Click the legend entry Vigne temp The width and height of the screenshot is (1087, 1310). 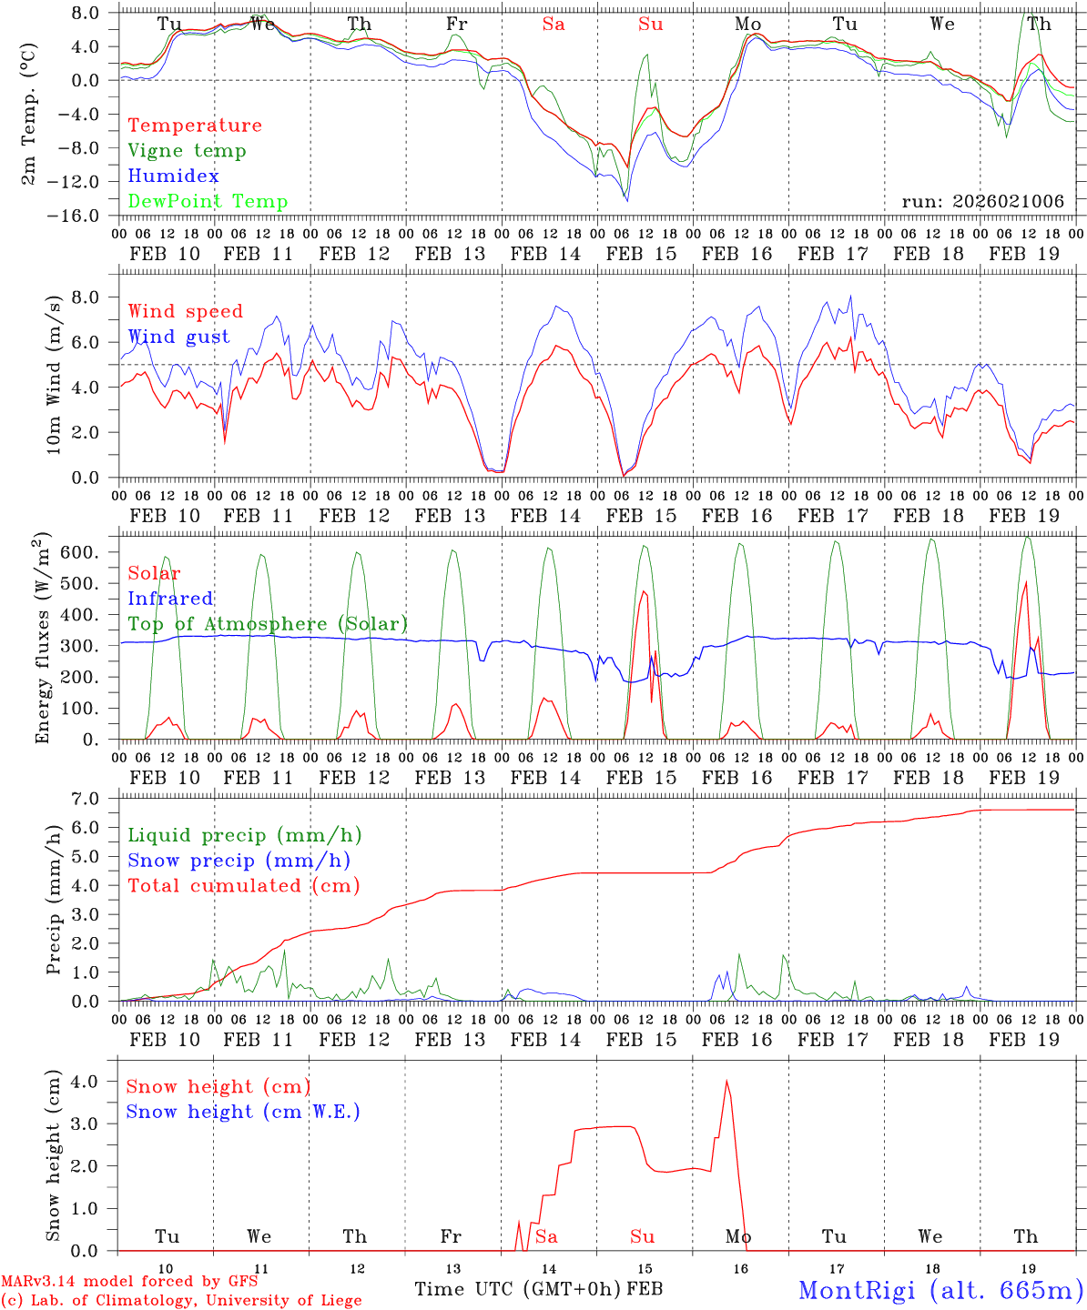(x=187, y=151)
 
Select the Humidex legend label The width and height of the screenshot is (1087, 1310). (x=173, y=176)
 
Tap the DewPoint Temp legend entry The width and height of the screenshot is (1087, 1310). (x=208, y=202)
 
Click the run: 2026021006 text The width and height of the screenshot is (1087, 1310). (x=982, y=202)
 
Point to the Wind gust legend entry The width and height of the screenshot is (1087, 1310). (x=178, y=337)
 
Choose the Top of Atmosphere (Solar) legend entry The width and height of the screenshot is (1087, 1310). (x=267, y=624)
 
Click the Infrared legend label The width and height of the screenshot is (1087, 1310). (x=170, y=599)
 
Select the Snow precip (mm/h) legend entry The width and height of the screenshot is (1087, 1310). (x=239, y=861)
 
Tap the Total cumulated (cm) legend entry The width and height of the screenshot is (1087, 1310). (x=243, y=886)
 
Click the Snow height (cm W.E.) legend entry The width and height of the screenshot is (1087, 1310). (x=242, y=1112)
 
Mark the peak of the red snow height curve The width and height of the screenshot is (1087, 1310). (x=726, y=1081)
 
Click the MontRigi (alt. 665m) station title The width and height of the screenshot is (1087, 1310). (x=940, y=1289)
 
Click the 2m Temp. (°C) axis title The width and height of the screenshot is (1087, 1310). (x=29, y=113)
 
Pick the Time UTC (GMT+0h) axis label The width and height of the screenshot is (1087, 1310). (x=517, y=1289)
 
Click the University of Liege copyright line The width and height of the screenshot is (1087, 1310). (x=181, y=1300)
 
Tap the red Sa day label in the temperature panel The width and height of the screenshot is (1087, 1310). (x=554, y=24)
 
